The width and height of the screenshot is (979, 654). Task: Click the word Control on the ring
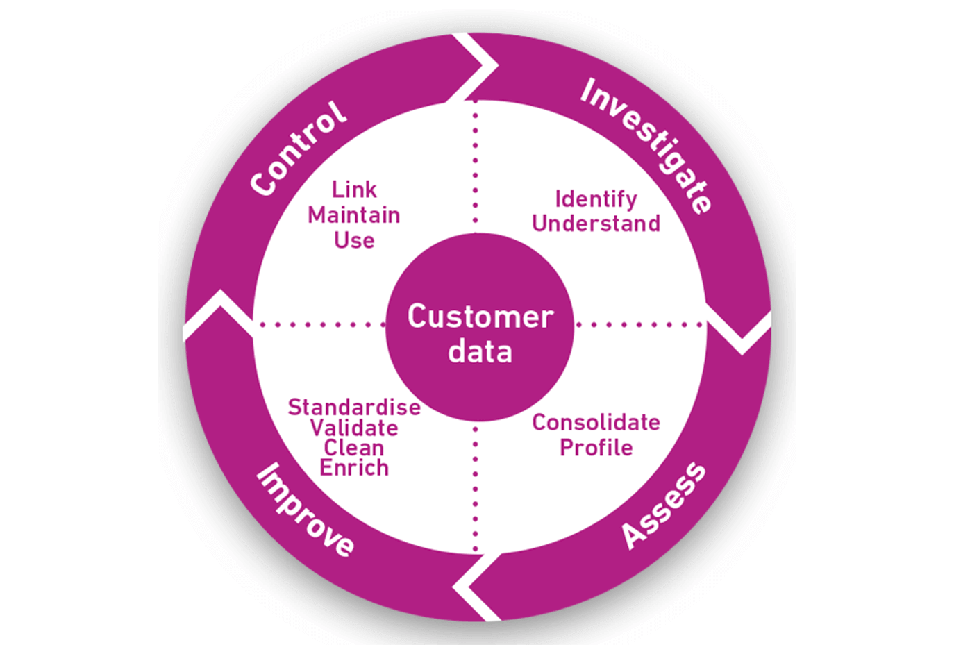[299, 149]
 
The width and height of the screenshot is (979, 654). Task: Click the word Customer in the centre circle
[480, 317]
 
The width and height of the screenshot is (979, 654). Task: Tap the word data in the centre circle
[480, 352]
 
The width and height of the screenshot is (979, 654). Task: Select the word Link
[354, 190]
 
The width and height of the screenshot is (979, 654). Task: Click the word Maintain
[354, 215]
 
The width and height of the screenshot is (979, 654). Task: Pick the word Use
[354, 241]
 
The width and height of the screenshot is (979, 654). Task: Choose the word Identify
[596, 199]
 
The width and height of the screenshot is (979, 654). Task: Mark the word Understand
[596, 224]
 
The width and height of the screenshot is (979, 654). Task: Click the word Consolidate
[596, 422]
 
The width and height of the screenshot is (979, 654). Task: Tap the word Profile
[596, 447]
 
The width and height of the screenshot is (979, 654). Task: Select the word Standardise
[354, 407]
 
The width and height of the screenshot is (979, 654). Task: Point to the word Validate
[354, 428]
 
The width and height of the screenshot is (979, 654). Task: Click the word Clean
[354, 448]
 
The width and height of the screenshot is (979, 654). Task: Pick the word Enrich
[354, 468]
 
